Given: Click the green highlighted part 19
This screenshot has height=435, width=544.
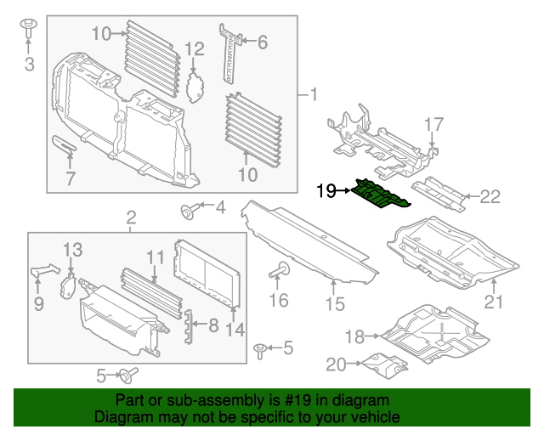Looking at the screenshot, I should click(x=381, y=195).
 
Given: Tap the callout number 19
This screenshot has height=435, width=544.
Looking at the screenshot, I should click(x=326, y=191).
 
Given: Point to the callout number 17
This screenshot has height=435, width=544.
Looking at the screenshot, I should click(x=433, y=125).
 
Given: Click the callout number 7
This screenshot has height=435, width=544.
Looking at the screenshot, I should click(x=71, y=178).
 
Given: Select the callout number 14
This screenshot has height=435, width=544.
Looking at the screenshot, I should click(x=234, y=330).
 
